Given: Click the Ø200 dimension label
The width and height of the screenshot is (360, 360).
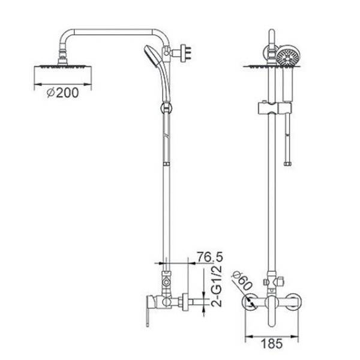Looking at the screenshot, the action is point(62,93).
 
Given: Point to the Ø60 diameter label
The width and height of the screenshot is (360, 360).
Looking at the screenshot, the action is point(242,281).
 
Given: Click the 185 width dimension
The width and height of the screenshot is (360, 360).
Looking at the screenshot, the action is point(272,344).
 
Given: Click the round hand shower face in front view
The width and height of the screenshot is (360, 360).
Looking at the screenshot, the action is point(288,56).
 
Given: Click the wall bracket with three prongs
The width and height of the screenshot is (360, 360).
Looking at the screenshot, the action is point(184,53).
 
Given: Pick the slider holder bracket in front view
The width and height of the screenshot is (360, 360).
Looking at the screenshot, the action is point(275,107).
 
